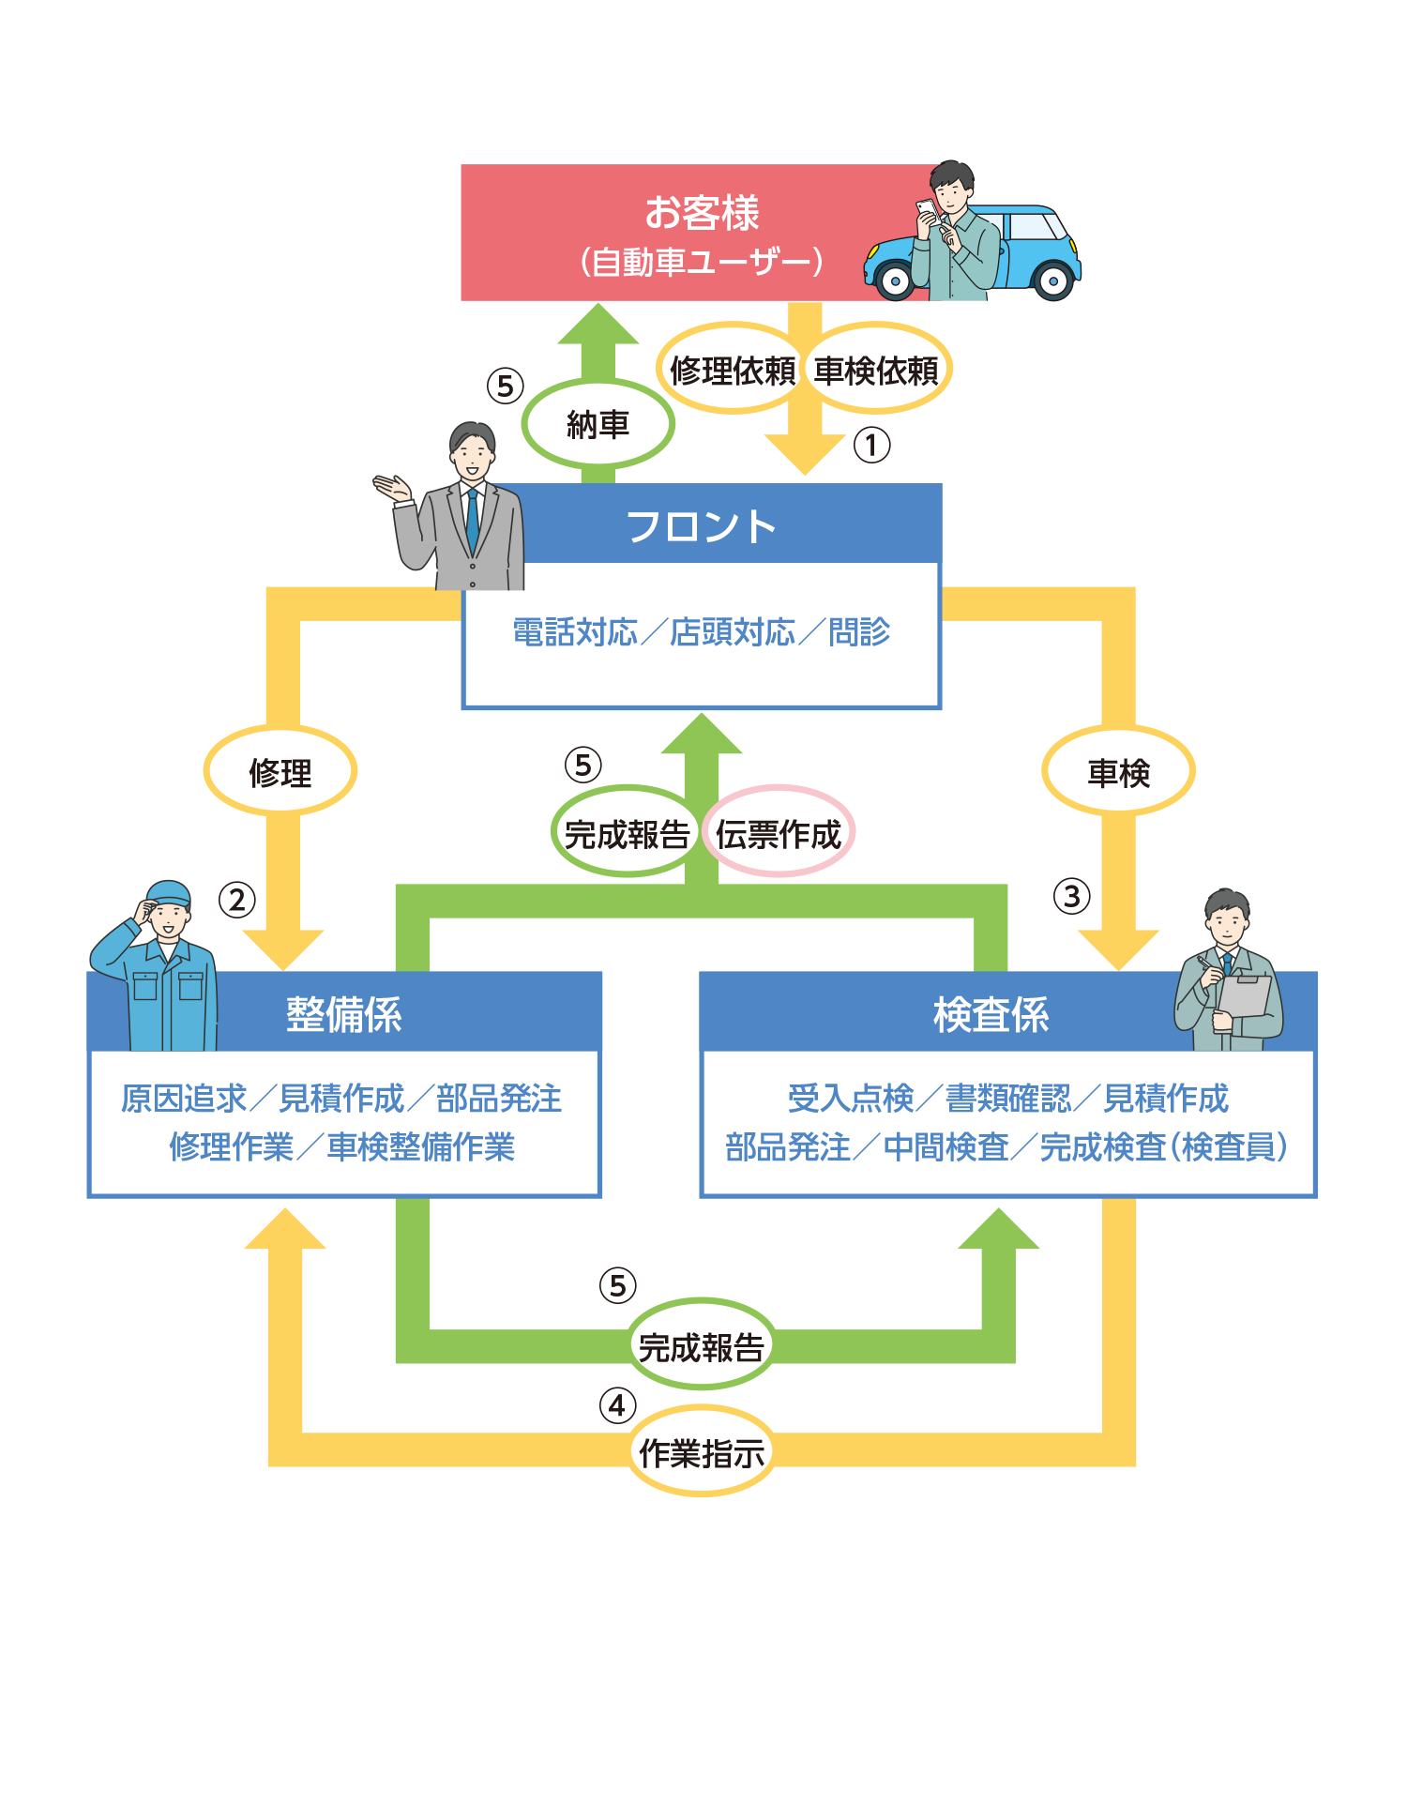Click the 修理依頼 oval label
click(x=733, y=371)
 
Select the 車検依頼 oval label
click(x=876, y=371)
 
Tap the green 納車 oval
click(x=598, y=425)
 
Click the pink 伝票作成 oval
click(x=779, y=833)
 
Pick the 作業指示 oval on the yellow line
click(x=702, y=1453)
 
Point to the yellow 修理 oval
click(x=280, y=773)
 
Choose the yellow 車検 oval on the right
click(x=1118, y=773)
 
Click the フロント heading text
click(x=702, y=526)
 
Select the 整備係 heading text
click(x=343, y=1014)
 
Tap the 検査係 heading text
click(x=991, y=1014)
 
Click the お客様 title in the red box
click(x=702, y=213)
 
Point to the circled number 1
click(x=871, y=445)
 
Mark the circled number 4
click(x=617, y=1405)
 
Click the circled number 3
click(x=1071, y=896)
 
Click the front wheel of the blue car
click(x=895, y=281)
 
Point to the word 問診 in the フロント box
click(x=858, y=632)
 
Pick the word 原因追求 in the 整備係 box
click(x=184, y=1099)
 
